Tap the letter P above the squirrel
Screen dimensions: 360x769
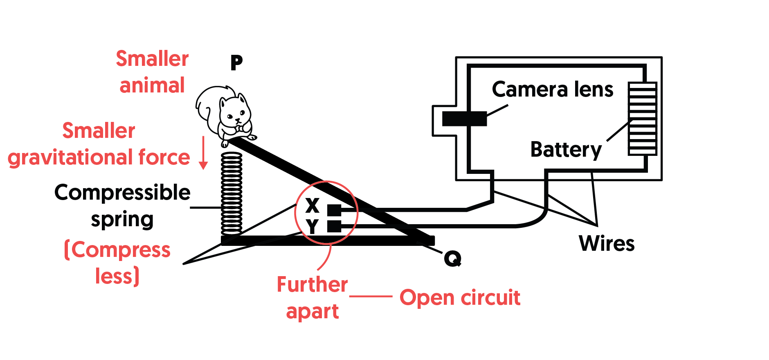[x=236, y=63]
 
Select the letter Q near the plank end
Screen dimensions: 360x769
[x=452, y=259]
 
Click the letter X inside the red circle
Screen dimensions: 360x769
[x=313, y=205]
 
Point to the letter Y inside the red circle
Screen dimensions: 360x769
[x=312, y=226]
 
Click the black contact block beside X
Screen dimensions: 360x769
[x=334, y=210]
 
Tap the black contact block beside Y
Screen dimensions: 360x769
[x=334, y=226]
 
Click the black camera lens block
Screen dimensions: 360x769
[x=464, y=119]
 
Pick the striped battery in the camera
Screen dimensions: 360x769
[x=642, y=119]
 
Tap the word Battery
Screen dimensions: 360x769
[x=566, y=150]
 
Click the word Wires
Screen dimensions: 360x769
[x=607, y=243]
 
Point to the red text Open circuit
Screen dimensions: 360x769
[x=460, y=297]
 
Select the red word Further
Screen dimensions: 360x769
[x=312, y=284]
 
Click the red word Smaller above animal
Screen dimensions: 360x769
[x=152, y=59]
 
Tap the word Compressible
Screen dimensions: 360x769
[x=122, y=193]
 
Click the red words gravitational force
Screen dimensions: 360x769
[x=99, y=157]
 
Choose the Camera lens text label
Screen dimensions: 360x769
[x=553, y=89]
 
